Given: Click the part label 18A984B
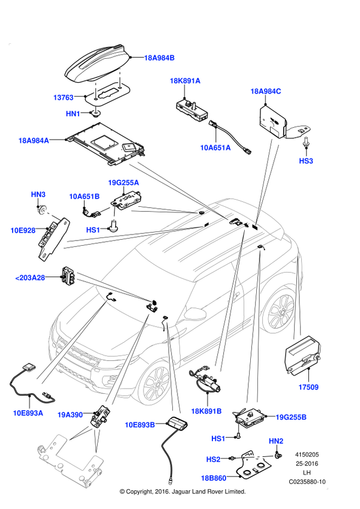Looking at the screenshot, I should coord(160,58).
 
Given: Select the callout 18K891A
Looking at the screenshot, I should coord(185,81).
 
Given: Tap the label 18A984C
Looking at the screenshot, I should coord(265,92).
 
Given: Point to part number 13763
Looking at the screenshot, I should coord(63,98).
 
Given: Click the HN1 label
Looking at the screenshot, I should coord(73,114).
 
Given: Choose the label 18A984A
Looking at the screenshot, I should coord(34,141).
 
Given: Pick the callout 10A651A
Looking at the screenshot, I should coord(215,147).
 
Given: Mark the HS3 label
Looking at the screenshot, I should coord(306,161).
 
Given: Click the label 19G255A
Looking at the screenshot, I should coord(123,183).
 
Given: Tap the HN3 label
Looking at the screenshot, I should coord(38,195).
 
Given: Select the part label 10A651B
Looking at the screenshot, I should coord(84,197).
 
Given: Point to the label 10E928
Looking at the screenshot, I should coord(23,230).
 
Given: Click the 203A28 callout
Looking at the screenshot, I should coord(30,278).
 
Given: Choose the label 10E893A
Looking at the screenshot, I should coord(28,413).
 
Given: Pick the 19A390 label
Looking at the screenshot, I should coord(70,415).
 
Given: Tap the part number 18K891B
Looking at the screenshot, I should coord(206,411).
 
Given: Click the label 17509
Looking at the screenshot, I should coord(308,388).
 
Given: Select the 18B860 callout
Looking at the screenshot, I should coord(214,478).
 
